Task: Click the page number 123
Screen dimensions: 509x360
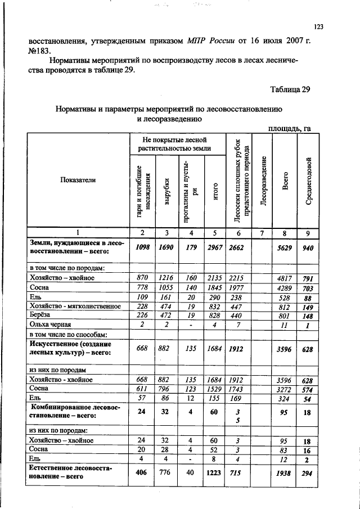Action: [319, 26]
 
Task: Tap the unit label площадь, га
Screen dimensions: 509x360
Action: [290, 128]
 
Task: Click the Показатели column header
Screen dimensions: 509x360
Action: [78, 179]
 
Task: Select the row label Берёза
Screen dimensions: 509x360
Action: [42, 316]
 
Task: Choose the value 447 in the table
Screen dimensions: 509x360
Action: [237, 306]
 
